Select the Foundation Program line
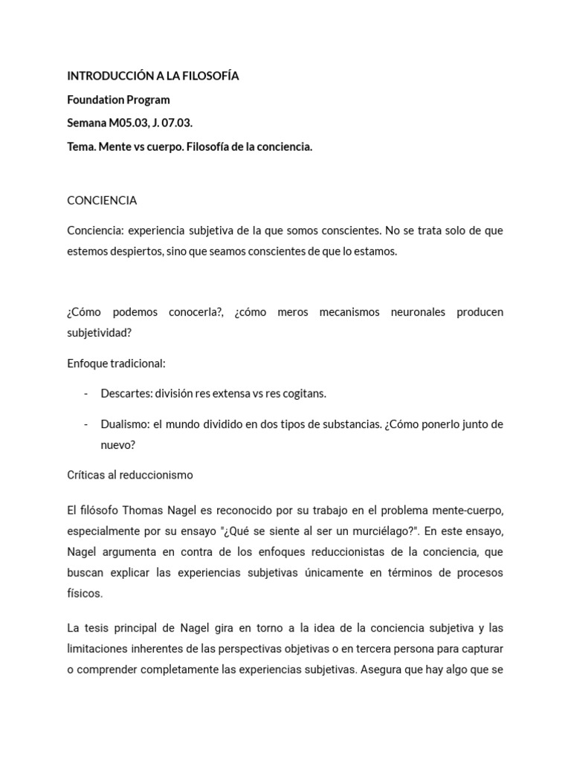(118, 100)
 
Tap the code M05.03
(127, 123)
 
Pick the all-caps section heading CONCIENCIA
(102, 201)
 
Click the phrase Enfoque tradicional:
(116, 364)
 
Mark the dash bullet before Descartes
(86, 394)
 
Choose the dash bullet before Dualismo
(86, 424)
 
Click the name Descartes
(125, 394)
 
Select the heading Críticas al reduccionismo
(130, 475)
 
